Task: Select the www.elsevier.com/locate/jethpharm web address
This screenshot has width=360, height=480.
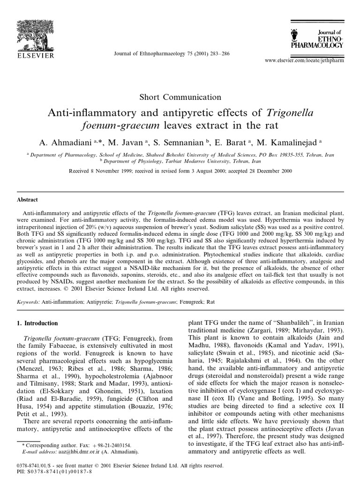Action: pyautogui.click(x=305, y=61)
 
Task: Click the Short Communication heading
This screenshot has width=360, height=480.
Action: pyautogui.click(x=180, y=97)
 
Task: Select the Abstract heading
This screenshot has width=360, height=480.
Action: pyautogui.click(x=27, y=199)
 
